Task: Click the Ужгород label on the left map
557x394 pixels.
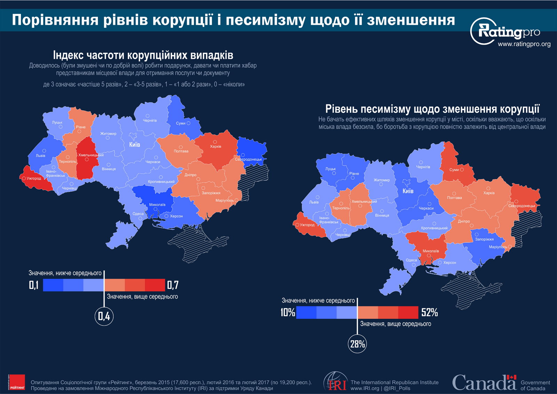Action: coord(34,179)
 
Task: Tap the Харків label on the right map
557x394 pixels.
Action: coord(489,193)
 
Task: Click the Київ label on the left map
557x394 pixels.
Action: coord(135,144)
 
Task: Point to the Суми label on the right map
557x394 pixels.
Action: coord(454,170)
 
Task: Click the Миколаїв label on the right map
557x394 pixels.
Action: coord(431,251)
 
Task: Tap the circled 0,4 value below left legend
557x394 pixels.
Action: coord(104,316)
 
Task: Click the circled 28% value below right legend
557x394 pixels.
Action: coord(358,344)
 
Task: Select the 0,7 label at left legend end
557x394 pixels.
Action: coord(173,285)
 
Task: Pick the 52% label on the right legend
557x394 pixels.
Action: coord(429,313)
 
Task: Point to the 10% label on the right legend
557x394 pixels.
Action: coord(288,313)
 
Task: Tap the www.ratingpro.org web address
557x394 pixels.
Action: coord(524,44)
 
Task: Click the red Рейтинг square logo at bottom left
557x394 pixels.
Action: coord(17,382)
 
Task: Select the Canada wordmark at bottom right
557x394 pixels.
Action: coord(484,383)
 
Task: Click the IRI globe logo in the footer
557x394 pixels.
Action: coord(335,382)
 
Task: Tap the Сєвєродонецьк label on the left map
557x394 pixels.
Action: coord(248,159)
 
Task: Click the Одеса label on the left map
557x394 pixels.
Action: coord(138,214)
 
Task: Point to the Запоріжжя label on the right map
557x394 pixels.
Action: coord(484,239)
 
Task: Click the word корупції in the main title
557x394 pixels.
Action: coord(182,20)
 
